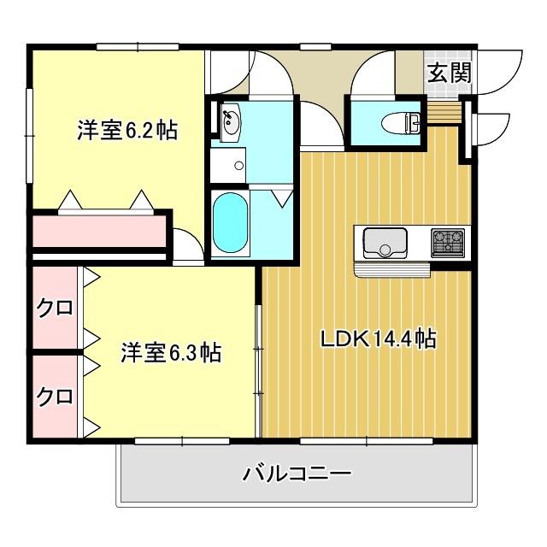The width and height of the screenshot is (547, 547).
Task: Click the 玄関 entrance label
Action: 449,73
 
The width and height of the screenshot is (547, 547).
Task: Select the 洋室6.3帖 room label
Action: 170,351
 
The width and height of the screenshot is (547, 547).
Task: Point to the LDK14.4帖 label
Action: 378,339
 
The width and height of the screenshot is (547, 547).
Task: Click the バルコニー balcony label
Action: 297,473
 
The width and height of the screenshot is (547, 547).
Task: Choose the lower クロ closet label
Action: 54,396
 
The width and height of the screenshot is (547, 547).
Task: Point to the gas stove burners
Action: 450,241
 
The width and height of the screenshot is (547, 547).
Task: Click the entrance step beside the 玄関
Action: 444,111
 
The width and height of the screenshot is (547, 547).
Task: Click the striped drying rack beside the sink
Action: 391,270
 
